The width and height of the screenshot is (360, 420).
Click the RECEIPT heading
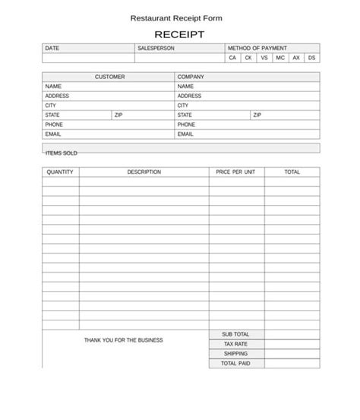click(x=179, y=34)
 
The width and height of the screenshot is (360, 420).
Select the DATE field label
click(x=52, y=48)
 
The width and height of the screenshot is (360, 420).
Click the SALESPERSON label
click(x=156, y=48)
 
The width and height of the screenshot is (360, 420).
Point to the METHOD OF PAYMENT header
click(x=257, y=48)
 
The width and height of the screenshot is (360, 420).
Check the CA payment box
click(x=232, y=58)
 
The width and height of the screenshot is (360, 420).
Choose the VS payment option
click(x=264, y=58)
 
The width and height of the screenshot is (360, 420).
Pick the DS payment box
click(x=312, y=58)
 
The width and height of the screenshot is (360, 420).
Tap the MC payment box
click(x=280, y=58)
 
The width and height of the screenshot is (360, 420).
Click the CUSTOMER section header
click(x=109, y=77)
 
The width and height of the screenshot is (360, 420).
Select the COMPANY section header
click(x=191, y=77)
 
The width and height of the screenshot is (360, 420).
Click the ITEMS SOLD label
click(x=62, y=153)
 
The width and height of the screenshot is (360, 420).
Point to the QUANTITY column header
click(x=60, y=172)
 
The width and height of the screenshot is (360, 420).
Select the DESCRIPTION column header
click(x=144, y=172)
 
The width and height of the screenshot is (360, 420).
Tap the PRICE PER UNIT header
click(x=235, y=172)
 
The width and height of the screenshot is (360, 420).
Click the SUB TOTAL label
click(x=235, y=334)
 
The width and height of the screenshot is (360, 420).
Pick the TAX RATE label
click(x=235, y=344)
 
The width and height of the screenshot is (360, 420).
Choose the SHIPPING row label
click(x=235, y=354)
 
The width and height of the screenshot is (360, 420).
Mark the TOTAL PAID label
click(x=235, y=364)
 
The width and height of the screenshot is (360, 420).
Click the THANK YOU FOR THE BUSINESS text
click(x=123, y=340)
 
